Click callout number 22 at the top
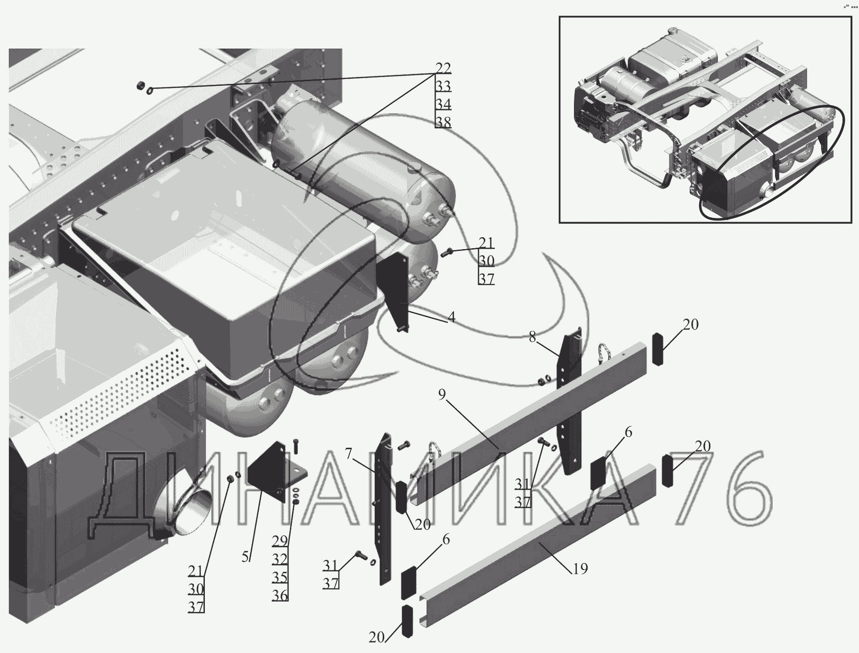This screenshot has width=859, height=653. coord(443,68)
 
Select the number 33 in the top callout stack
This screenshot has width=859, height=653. coord(443,86)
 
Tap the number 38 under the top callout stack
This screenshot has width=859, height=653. coord(443,122)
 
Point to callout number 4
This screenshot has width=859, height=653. coord(451,318)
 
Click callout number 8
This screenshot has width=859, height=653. coord(532,337)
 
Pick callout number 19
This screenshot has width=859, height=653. coord(581,569)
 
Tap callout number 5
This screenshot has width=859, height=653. coord(245,557)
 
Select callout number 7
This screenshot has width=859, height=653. coord(348,454)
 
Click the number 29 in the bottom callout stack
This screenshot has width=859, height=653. coord(280,541)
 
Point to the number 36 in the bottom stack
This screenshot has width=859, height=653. coord(280,595)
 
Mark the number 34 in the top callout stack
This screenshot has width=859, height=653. coord(443,104)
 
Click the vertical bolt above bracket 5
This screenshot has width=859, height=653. coord(296,446)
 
